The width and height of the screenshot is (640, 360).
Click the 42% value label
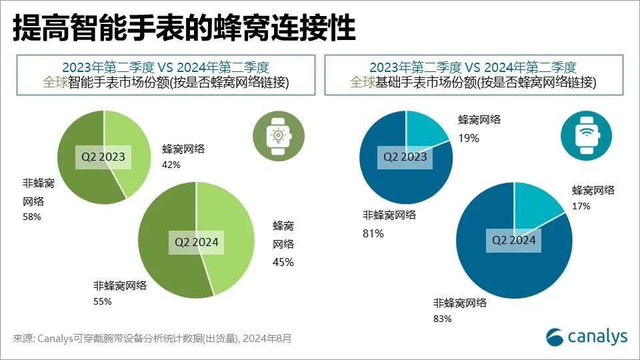coord(171,165)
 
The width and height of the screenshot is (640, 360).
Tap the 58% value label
coord(32,217)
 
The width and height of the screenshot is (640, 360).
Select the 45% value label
coord(283,262)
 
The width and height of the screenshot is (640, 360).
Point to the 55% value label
coord(103,301)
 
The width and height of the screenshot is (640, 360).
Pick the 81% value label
coord(373,233)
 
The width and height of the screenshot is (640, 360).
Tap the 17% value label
coord(581,207)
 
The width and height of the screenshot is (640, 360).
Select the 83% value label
coord(443,319)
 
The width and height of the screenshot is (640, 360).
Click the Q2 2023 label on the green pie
coord(103,157)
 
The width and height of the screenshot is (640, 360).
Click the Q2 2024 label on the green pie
coord(197,242)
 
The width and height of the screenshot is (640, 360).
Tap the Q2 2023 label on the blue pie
coord(405,157)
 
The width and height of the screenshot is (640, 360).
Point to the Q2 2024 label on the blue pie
coord(513,239)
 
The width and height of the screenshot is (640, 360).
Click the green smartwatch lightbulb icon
coord(275,133)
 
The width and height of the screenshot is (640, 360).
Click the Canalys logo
coord(587,337)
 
